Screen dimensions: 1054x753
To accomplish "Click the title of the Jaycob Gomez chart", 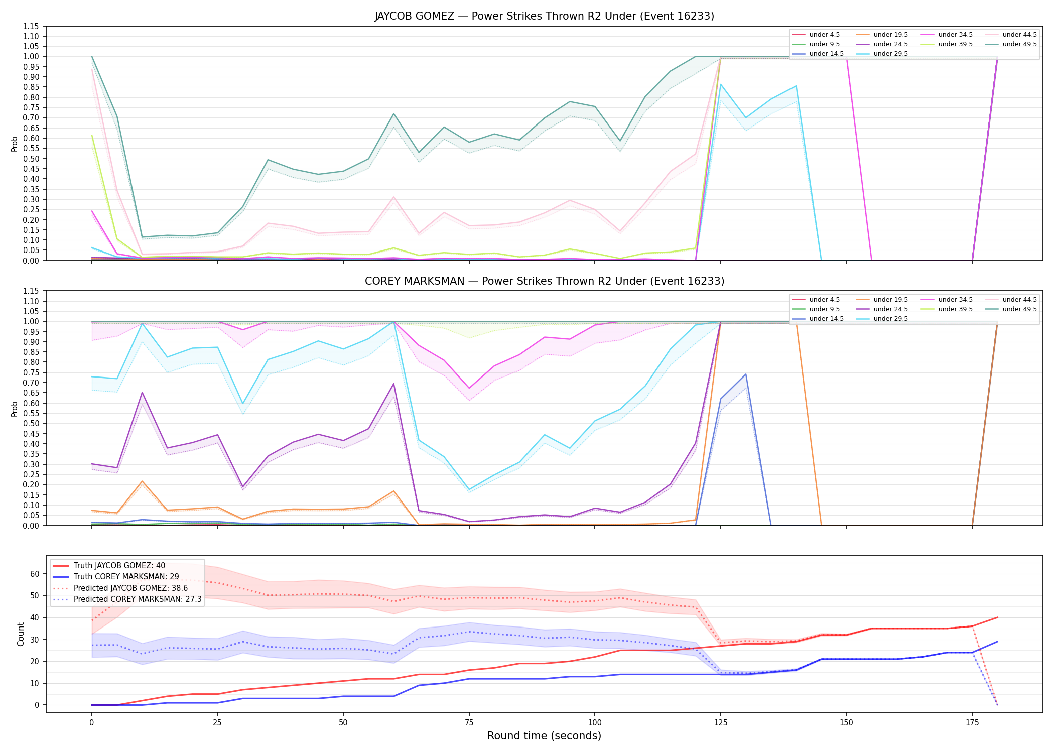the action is [544, 16].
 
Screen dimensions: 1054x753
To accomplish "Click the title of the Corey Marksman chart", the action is [544, 281].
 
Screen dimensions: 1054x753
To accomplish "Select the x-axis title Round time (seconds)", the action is [544, 736].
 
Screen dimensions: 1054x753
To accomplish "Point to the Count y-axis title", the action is [21, 634].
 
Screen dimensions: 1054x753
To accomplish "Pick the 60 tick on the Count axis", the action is [35, 574].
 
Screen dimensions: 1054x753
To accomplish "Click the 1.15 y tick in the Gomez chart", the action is [31, 26].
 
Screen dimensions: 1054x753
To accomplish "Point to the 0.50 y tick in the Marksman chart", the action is [31, 423].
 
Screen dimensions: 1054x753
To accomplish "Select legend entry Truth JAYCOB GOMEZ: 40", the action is [119, 566].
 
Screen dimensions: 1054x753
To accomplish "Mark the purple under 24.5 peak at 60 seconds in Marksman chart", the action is [393, 384].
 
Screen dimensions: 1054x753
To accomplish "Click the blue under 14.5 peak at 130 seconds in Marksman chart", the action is [746, 374].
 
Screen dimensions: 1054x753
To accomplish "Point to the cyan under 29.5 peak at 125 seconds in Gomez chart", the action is [721, 84].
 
